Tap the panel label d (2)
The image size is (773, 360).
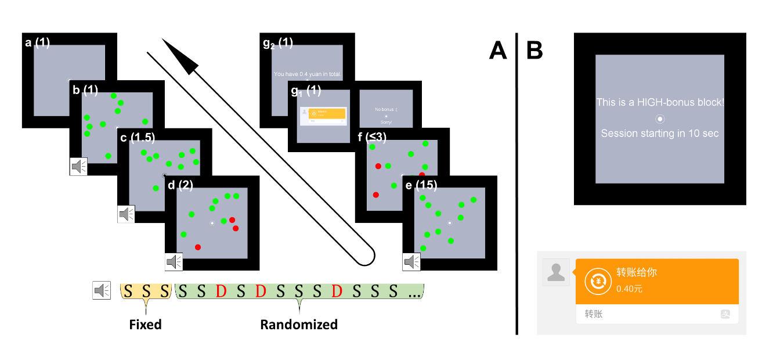180,186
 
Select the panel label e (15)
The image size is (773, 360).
421,186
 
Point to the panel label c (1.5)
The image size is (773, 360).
135,138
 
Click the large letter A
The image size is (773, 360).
498,51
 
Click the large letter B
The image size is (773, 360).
534,51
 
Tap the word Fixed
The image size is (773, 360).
145,324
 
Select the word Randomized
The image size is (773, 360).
299,324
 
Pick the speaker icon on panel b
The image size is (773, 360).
78,167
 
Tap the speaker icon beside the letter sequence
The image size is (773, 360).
102,290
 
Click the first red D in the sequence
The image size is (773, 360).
221,290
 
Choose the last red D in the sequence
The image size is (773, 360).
336,290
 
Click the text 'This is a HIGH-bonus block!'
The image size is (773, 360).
660,102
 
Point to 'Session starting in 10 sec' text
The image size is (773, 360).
660,134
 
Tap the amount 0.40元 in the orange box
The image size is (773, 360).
629,289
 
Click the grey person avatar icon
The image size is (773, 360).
556,272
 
